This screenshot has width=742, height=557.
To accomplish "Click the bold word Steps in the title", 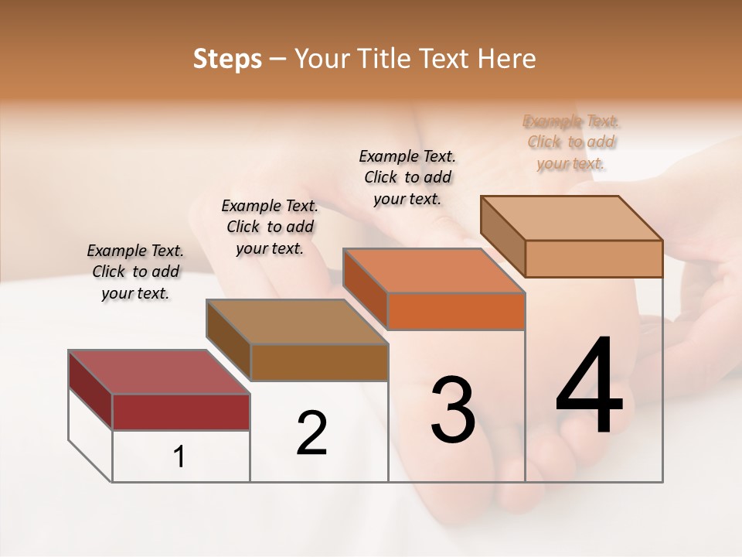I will [227, 59].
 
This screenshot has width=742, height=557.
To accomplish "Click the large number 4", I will [590, 387].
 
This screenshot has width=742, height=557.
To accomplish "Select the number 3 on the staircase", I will [452, 410].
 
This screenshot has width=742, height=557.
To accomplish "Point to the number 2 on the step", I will [311, 433].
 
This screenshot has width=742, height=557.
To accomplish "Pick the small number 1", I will [179, 457].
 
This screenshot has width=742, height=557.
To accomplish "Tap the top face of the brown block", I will [297, 322].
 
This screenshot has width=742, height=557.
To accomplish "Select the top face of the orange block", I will [434, 271].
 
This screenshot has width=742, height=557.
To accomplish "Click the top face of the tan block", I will [571, 217].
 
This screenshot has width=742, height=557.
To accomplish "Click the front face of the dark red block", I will [181, 412].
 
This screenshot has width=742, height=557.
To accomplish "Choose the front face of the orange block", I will [456, 311].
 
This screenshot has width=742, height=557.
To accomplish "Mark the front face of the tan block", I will [594, 258].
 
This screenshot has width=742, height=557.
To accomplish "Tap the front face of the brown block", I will [319, 362].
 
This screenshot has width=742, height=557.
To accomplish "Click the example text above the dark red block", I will [135, 272].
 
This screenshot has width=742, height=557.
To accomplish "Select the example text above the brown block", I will [270, 227].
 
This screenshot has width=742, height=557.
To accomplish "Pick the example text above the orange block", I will [407, 177].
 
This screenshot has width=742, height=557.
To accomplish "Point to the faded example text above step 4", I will [571, 142].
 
